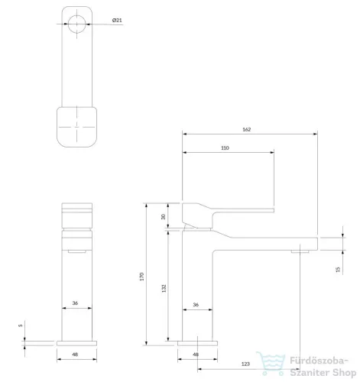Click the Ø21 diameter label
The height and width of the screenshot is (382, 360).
coord(117,20)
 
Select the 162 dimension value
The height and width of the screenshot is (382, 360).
coord(247,129)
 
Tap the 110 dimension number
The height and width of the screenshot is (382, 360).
coord(225,148)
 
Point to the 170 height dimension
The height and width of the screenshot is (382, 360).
coord(141,277)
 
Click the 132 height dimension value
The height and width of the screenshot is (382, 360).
coord(164,288)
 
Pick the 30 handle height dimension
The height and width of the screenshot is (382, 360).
coord(163,217)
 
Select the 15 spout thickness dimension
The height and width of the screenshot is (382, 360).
coord(338,270)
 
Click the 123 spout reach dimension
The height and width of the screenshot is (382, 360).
coord(245,364)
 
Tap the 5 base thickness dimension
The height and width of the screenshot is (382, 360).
coord(21,325)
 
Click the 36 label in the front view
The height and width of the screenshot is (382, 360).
coord(75,303)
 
